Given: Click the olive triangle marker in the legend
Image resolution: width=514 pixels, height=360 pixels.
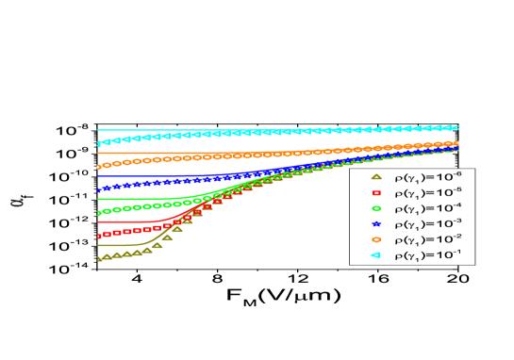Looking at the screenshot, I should tap(375, 176).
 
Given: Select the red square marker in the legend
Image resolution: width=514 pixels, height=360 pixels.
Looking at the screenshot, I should tap(375, 192).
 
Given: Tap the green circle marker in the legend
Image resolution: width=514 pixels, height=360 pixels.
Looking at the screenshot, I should tap(375, 208).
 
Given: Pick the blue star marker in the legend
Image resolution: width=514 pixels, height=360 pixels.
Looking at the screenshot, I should tap(375, 223).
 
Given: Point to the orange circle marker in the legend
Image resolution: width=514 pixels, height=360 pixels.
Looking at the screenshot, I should tap(375, 239).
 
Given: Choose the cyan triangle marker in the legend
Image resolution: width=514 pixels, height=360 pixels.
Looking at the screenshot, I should tap(375, 255).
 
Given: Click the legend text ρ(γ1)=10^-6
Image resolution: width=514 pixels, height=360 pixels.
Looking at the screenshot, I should tap(427, 176).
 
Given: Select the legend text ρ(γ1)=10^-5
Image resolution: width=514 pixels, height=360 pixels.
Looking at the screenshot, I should tap(427, 192).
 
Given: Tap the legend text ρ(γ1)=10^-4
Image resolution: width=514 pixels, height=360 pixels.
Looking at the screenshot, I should tap(427, 208).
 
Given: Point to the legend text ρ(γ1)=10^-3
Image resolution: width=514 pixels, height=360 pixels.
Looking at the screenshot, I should tap(427, 223).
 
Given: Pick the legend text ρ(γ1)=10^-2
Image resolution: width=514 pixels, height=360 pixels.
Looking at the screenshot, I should tap(427, 239).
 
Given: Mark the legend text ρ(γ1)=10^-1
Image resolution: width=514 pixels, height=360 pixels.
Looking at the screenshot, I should tap(427, 255).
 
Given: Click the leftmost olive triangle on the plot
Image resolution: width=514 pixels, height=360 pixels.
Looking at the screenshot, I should tap(98, 258).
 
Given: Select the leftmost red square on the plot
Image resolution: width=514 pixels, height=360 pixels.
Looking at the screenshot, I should tap(98, 236).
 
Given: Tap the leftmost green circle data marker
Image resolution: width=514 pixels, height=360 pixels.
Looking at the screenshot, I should tap(98, 213).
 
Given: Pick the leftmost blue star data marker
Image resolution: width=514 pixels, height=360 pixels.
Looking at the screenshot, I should tap(98, 190).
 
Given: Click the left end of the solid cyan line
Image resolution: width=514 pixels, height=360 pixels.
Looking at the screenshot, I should tap(97, 130).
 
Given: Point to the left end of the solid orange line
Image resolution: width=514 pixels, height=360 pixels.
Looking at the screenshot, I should tap(97, 153).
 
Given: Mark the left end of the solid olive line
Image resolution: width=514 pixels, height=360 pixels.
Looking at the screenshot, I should tap(97, 245).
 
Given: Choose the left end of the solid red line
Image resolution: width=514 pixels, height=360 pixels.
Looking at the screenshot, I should tap(97, 221).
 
